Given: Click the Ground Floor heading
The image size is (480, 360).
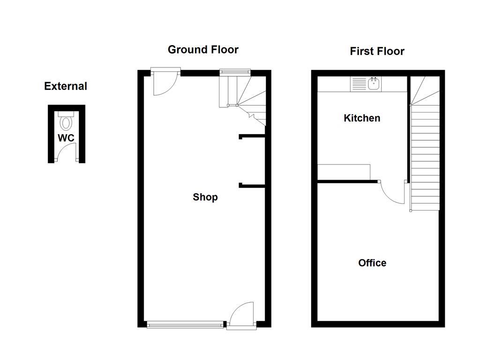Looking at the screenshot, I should tap(203, 50).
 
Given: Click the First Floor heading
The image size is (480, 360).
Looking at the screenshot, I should tap(377, 51).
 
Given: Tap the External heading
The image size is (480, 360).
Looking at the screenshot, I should tap(66, 86).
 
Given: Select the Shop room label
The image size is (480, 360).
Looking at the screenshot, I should tap(205, 197).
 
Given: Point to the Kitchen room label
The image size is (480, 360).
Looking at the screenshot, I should tap(362, 118).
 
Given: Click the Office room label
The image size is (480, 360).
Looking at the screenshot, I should tap(372, 263).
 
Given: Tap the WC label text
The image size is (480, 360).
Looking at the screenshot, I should tap(66, 138).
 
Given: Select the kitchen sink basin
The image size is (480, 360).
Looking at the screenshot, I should tap(374, 84).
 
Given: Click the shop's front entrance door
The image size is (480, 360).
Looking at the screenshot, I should tap(241, 314).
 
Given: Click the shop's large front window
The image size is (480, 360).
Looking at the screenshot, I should tap(185, 324).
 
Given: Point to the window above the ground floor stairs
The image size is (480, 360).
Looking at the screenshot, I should tap(235, 72).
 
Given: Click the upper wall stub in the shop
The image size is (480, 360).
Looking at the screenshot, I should tap(252, 137).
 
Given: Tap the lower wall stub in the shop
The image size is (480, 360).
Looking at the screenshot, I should tap(252, 186).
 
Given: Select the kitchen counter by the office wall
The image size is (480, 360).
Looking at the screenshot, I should tap(344, 172).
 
